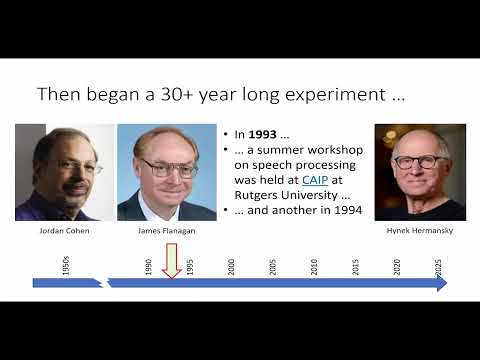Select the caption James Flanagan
(166, 230)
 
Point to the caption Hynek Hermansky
(419, 230)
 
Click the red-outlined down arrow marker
(171, 262)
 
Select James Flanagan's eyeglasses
(168, 167)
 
